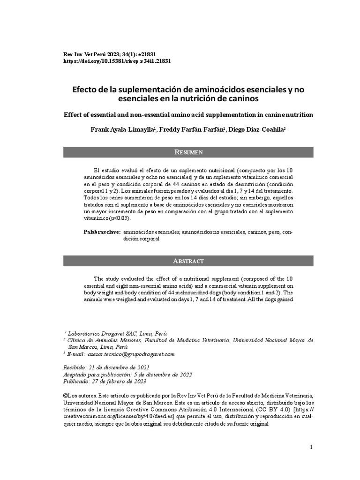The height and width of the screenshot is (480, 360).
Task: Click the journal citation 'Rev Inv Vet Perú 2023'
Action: click(x=92, y=54)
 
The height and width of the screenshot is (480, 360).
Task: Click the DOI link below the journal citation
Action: click(x=117, y=61)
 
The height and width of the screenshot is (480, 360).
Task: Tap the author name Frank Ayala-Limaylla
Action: click(x=122, y=130)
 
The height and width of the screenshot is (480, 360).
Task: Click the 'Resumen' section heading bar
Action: click(x=188, y=152)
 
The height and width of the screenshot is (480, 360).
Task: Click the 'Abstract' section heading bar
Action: click(x=188, y=261)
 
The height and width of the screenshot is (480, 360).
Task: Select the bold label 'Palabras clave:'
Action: click(x=102, y=232)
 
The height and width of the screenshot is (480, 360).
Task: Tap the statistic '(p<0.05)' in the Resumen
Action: click(x=120, y=218)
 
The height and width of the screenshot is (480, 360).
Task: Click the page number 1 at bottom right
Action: click(x=311, y=447)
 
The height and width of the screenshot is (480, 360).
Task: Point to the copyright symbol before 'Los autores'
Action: click(x=65, y=396)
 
